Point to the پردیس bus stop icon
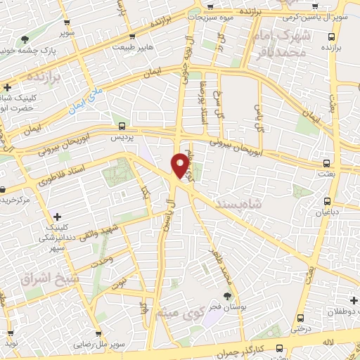pos(123,127)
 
